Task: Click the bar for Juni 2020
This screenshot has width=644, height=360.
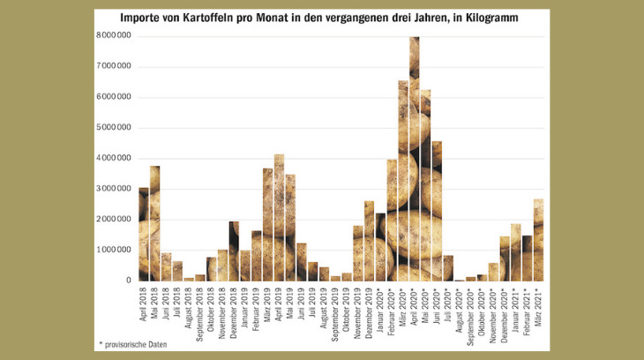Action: (x=437, y=211)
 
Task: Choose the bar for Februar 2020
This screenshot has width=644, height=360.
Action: (x=392, y=220)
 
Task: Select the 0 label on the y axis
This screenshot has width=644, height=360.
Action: (x=129, y=281)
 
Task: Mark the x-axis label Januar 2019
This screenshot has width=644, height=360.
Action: (x=244, y=308)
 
